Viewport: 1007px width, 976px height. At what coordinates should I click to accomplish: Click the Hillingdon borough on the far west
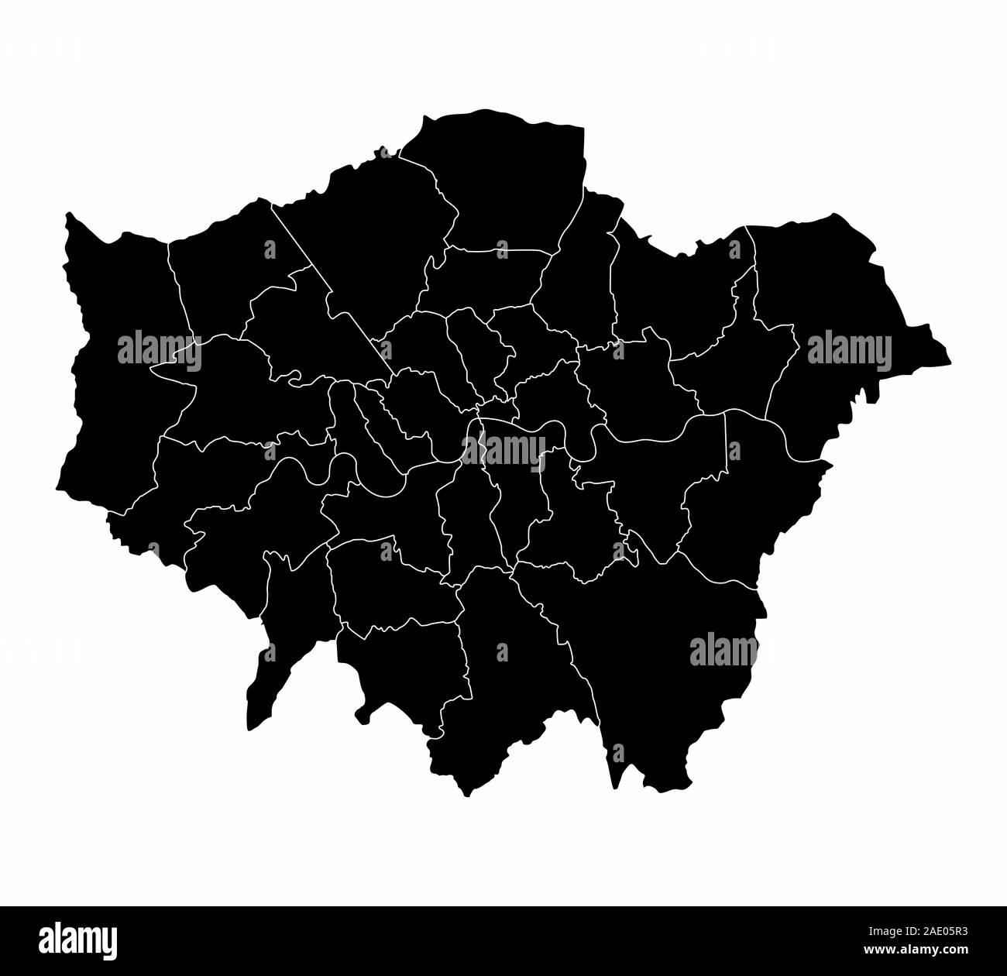tap(116, 403)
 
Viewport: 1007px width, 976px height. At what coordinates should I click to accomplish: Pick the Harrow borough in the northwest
tap(225, 271)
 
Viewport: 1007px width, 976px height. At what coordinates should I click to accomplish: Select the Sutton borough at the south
tap(403, 666)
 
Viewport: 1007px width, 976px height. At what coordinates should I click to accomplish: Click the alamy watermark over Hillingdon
tap(160, 352)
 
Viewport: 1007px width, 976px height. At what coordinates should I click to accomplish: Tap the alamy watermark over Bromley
tap(723, 651)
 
